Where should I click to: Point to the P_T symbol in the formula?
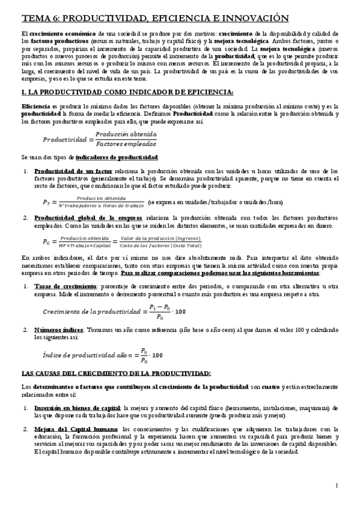[x=46, y=202]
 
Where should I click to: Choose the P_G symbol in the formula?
[x=47, y=242]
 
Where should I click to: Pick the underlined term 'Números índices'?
[x=59, y=330]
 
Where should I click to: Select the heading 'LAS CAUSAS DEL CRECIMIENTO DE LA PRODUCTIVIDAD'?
[x=115, y=373]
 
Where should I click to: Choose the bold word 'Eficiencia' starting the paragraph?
[x=36, y=105]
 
